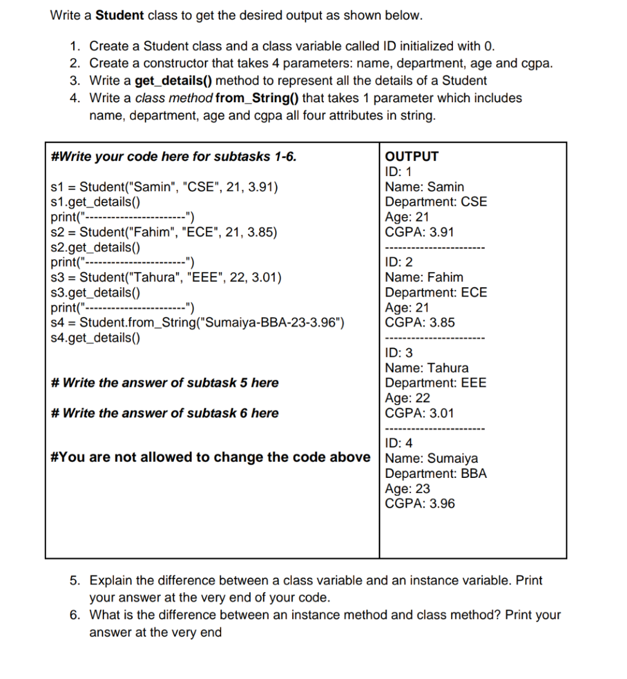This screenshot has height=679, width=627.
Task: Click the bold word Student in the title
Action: click(119, 16)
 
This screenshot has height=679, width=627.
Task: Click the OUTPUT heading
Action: click(412, 156)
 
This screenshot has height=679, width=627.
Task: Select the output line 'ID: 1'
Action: click(398, 171)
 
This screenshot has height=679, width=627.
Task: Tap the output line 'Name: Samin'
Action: click(424, 187)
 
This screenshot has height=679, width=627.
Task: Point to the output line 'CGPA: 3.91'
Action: click(419, 232)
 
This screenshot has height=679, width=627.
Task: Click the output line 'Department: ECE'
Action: click(436, 292)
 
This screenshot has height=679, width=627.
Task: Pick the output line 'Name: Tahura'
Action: click(427, 368)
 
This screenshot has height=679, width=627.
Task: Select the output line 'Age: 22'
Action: click(408, 398)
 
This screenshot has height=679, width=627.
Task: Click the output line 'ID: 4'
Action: click(399, 443)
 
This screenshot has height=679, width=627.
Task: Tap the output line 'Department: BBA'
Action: click(436, 474)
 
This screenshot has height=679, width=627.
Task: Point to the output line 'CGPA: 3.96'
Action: click(420, 504)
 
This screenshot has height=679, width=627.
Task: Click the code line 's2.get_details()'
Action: click(95, 247)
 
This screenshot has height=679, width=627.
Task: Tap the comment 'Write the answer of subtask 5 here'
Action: click(165, 383)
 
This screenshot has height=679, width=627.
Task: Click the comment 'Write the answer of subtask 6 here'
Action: click(165, 413)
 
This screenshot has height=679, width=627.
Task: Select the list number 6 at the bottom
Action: click(75, 615)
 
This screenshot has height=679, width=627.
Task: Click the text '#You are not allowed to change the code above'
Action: click(210, 458)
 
